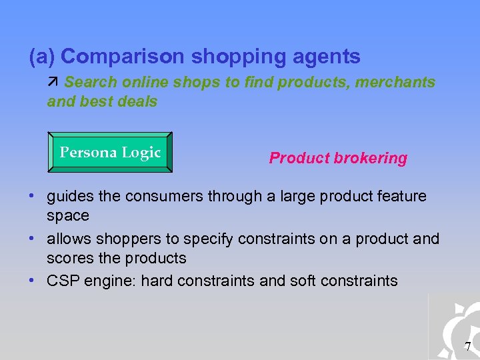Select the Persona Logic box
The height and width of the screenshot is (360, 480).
point(110,153)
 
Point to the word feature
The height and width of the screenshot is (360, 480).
point(401,196)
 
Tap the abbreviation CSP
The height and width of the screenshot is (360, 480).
point(62,281)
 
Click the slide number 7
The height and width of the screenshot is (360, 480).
point(467,346)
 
